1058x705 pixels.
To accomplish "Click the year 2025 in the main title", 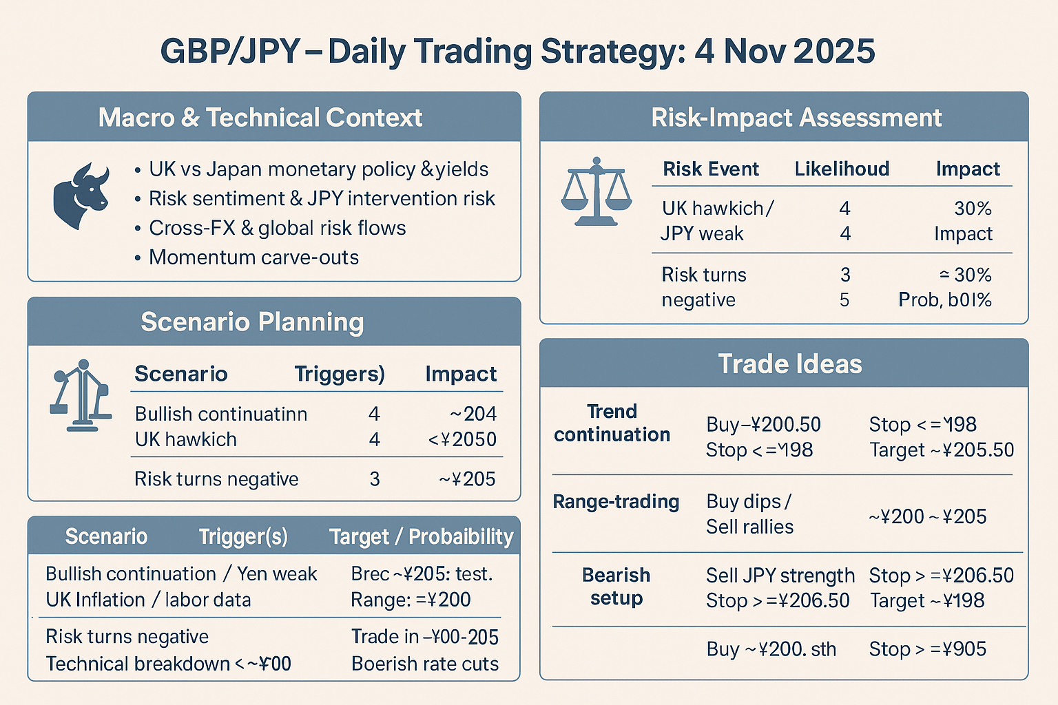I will [834, 52].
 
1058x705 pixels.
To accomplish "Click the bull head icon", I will [81, 196].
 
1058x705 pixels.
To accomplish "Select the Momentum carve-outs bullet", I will [253, 257].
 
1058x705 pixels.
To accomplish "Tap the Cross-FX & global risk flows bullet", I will [277, 228].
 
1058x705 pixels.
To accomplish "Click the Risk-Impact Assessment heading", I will [796, 118].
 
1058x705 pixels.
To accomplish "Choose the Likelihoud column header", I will [842, 169].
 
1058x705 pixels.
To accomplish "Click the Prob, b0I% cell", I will [944, 300].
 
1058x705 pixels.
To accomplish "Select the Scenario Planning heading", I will [252, 322].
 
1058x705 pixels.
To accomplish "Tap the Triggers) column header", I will [340, 374].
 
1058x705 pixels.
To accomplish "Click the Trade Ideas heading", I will [790, 364].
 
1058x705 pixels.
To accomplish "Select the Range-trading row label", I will [616, 502].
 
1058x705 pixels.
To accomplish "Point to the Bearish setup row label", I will [616, 587].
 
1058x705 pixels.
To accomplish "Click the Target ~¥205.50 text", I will [941, 450].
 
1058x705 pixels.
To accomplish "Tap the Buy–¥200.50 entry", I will [763, 425].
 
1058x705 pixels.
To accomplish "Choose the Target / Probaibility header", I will [421, 537].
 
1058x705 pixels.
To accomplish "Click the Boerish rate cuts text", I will [424, 664].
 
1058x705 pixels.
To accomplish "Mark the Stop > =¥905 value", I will [927, 649].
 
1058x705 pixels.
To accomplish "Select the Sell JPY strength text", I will [780, 576].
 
